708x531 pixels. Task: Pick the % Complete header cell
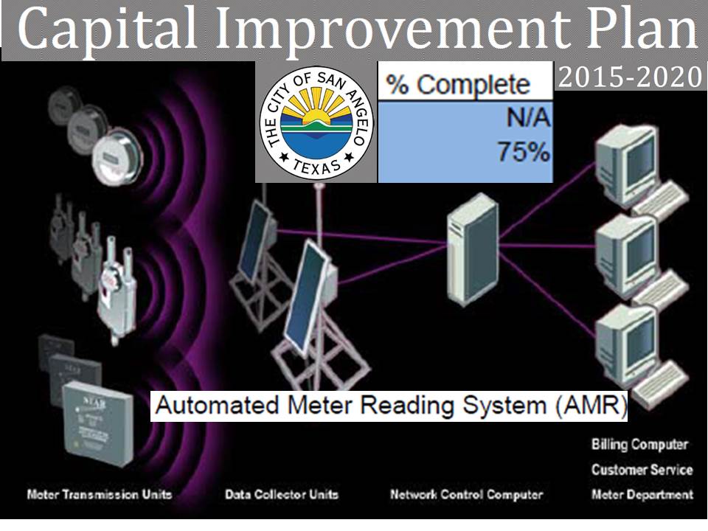(x=465, y=84)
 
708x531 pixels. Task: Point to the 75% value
(x=523, y=152)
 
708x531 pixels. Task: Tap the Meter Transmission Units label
(x=99, y=494)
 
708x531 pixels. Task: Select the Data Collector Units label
(x=282, y=494)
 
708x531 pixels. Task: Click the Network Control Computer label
(x=466, y=494)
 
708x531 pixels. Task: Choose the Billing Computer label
(x=639, y=445)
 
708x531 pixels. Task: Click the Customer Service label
(x=642, y=470)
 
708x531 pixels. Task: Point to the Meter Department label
(x=642, y=494)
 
